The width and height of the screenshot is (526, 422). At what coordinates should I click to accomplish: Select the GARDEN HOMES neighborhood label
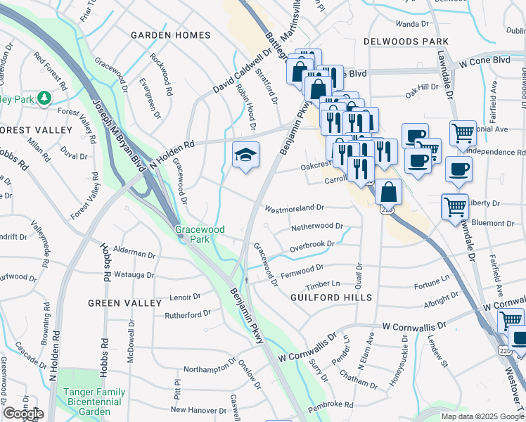click(x=171, y=35)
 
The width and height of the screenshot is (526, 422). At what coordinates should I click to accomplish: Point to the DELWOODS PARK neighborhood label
click(x=406, y=42)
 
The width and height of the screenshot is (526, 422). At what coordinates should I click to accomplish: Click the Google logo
click(x=23, y=414)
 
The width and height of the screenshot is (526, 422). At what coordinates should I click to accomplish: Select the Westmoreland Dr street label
click(x=293, y=208)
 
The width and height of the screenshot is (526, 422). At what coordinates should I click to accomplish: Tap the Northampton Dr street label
click(x=210, y=368)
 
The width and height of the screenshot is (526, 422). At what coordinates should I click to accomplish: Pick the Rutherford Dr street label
click(x=188, y=314)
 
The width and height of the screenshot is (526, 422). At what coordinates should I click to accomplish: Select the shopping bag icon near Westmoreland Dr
click(x=387, y=192)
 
